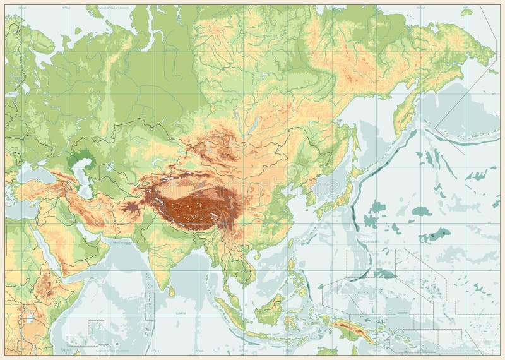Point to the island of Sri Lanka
(x=172, y=290)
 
